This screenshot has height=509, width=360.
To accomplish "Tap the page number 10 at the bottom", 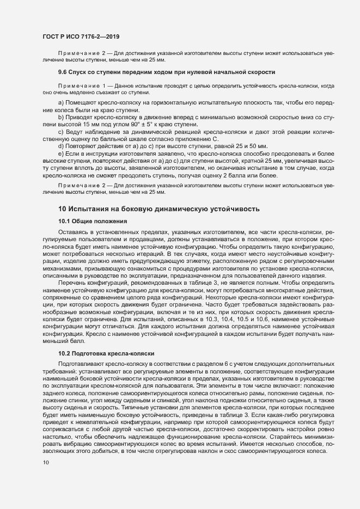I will tap(46, 462).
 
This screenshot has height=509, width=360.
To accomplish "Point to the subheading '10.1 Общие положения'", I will tap(93, 221).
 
